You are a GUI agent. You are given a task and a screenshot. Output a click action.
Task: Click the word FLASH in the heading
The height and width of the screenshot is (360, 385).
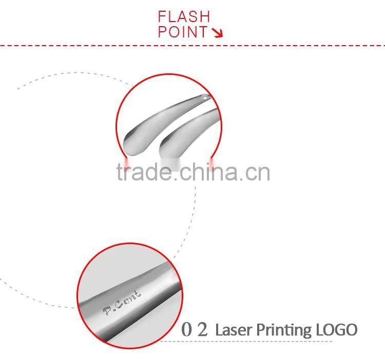coord(184,17)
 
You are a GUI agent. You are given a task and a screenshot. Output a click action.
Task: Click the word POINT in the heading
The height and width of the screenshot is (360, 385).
coord(183,32)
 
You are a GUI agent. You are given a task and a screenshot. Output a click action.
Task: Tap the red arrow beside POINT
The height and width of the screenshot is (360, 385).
coord(218,33)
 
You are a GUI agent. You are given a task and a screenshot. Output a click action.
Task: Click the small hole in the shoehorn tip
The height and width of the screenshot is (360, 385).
coord(205,97)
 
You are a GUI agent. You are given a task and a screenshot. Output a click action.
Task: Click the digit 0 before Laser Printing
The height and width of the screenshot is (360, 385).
coord(186,329)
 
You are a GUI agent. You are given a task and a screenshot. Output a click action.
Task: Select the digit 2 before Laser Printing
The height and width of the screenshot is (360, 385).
coord(203,329)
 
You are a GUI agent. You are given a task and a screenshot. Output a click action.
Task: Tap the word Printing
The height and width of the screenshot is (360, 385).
coord(284,331)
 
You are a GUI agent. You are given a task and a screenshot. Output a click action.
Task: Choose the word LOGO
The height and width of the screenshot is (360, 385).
coord(336,330)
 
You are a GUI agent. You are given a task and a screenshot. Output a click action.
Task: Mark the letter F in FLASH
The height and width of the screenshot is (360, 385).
coord(162,17)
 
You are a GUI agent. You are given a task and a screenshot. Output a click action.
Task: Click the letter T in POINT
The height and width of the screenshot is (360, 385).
coord(203,32)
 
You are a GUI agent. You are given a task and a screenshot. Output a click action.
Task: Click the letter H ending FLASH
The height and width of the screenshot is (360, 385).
coord(205,17)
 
